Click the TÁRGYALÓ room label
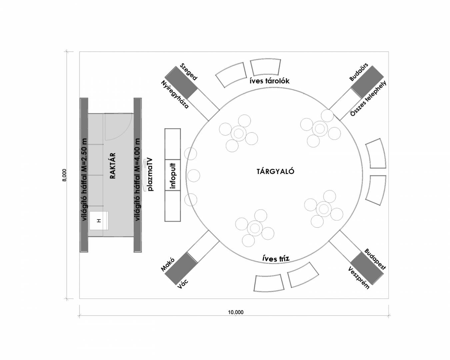click(x=275, y=172)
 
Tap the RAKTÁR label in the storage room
click(x=113, y=166)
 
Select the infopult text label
click(x=173, y=175)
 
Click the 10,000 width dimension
click(x=236, y=312)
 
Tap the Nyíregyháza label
click(x=175, y=94)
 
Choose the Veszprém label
click(x=359, y=278)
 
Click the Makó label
click(x=168, y=264)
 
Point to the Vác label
click(x=183, y=284)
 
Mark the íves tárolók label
click(x=270, y=81)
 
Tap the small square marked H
click(x=99, y=220)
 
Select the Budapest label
click(x=375, y=259)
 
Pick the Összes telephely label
click(x=368, y=98)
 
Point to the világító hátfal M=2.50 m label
click(x=84, y=175)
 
